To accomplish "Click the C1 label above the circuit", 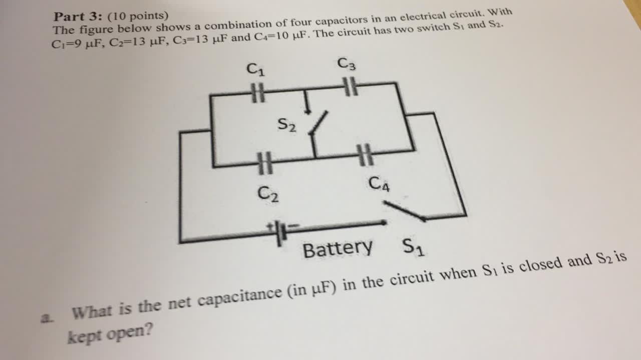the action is pyautogui.click(x=256, y=68).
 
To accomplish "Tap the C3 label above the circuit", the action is pyautogui.click(x=347, y=64).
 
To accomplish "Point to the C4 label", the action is pyautogui.click(x=379, y=183).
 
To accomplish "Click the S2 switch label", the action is pyautogui.click(x=287, y=124).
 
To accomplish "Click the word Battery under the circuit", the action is pyautogui.click(x=338, y=248).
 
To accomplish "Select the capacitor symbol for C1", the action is pyautogui.click(x=257, y=94).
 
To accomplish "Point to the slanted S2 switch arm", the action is pyautogui.click(x=319, y=123).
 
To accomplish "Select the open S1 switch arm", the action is pyautogui.click(x=404, y=211).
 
